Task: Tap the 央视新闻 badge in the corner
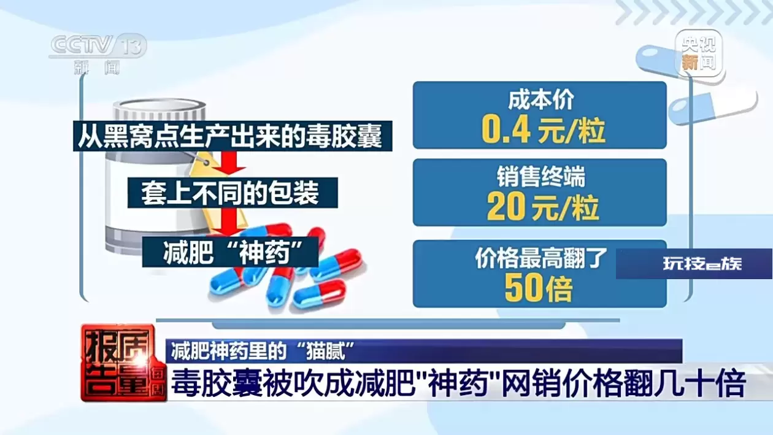698,53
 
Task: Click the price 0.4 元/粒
543,131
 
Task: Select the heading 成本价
540,100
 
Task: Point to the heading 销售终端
540,177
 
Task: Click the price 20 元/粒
542,207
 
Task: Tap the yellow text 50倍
539,288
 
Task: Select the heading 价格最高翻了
540,258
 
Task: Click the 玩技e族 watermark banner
694,264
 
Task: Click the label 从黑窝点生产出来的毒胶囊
233,136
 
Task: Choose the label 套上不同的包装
233,193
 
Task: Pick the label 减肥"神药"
230,252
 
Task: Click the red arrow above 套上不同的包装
231,163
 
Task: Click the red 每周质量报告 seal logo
123,363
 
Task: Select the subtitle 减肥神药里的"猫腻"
263,351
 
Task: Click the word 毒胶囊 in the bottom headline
217,383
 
